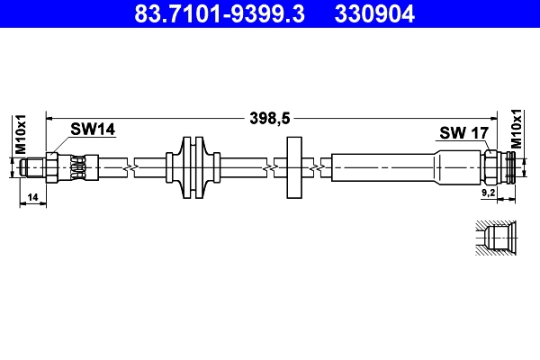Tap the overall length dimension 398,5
(270, 115)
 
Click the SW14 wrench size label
(94, 130)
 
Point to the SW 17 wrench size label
(463, 133)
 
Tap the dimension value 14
(32, 195)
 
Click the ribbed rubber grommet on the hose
(193, 167)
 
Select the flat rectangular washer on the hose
(294, 167)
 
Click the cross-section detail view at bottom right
(496, 240)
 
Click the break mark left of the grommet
(132, 167)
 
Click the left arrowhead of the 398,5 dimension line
(51, 116)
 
